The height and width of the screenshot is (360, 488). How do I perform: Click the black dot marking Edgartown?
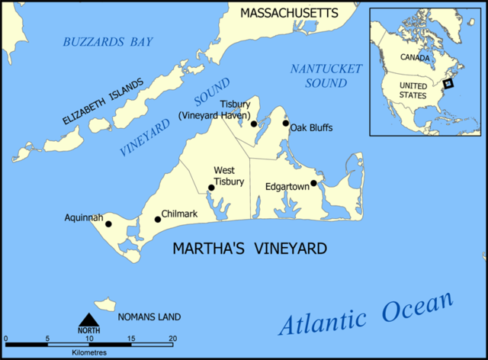(313, 183)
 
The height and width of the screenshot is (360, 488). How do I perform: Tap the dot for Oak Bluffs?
(286, 123)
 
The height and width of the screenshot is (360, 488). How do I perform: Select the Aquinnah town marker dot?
(108, 223)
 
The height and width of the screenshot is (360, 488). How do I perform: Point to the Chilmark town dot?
(158, 220)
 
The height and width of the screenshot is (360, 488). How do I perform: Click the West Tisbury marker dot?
(211, 188)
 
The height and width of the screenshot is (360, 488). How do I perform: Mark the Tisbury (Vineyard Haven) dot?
(253, 124)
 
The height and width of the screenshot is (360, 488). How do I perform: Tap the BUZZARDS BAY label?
(108, 41)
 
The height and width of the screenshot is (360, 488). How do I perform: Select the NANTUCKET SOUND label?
(326, 76)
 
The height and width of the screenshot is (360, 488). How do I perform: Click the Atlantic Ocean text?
(366, 313)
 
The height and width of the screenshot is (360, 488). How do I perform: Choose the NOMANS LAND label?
(149, 315)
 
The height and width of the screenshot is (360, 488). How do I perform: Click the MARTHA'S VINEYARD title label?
(250, 249)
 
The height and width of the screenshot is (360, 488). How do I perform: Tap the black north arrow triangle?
(89, 320)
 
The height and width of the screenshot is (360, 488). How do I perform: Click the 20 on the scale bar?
(172, 338)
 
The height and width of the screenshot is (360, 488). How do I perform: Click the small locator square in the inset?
(448, 83)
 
